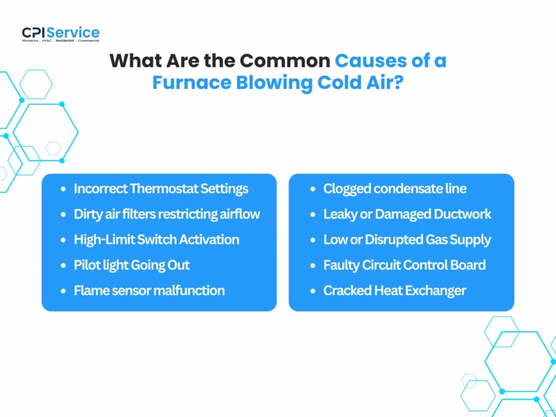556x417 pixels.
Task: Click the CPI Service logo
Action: coord(61,34)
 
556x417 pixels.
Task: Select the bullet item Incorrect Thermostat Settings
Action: coord(161,189)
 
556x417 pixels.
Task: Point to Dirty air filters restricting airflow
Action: coord(167,214)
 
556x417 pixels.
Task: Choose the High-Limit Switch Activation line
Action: coord(156,239)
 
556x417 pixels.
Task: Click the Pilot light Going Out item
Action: coord(132,265)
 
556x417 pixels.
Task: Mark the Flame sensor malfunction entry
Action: coord(149,290)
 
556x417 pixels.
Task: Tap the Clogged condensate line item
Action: coord(395,189)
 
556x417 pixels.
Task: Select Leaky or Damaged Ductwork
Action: coord(407,214)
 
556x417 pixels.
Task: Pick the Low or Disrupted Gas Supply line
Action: coord(407,239)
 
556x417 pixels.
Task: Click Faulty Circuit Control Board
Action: coord(405,265)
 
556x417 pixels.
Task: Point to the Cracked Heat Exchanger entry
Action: coord(395,290)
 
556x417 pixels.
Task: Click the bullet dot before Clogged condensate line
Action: coord(313,189)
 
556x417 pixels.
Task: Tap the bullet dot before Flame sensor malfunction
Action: coord(64,291)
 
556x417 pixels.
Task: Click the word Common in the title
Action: coord(286,60)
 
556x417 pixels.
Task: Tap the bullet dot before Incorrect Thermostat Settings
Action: coord(64,189)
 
